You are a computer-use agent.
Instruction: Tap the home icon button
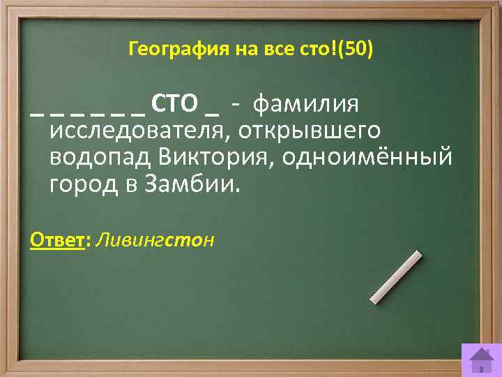480,360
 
